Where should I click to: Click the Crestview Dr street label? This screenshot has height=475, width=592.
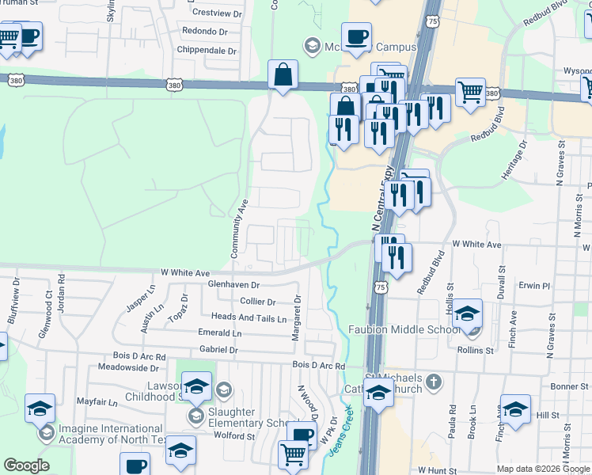(x=216, y=13)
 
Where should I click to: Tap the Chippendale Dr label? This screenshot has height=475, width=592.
(x=209, y=51)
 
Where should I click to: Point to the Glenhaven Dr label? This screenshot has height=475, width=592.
(x=233, y=284)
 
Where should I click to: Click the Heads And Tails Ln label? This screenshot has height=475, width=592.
(x=249, y=317)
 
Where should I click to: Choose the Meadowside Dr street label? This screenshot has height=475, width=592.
(x=128, y=367)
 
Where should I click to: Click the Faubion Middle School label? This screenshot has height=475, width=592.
(x=404, y=329)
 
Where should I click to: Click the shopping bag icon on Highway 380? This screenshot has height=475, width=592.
(x=283, y=75)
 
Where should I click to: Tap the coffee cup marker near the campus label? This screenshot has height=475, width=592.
(x=357, y=37)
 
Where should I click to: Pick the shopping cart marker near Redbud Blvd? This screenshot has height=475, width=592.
(x=470, y=92)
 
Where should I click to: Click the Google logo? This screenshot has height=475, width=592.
(x=27, y=465)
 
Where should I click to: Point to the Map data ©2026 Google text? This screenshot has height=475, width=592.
(x=543, y=469)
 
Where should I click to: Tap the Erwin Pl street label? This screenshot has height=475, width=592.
(x=534, y=285)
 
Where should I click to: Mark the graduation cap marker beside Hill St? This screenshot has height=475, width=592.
(x=515, y=408)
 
